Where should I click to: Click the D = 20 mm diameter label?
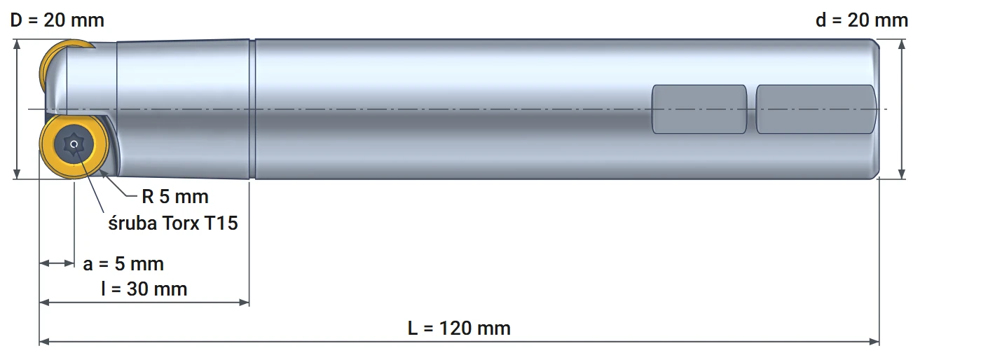pos(57,20)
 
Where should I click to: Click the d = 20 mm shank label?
pos(862,20)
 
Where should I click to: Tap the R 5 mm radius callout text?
pos(175,197)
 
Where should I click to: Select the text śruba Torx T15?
pos(173,223)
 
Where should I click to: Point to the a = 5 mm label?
pos(123,263)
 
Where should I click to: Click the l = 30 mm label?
pos(144,289)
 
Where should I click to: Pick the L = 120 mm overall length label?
pos(459,328)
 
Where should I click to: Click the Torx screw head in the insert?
pos(74,144)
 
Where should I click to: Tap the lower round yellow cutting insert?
pos(74,144)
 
